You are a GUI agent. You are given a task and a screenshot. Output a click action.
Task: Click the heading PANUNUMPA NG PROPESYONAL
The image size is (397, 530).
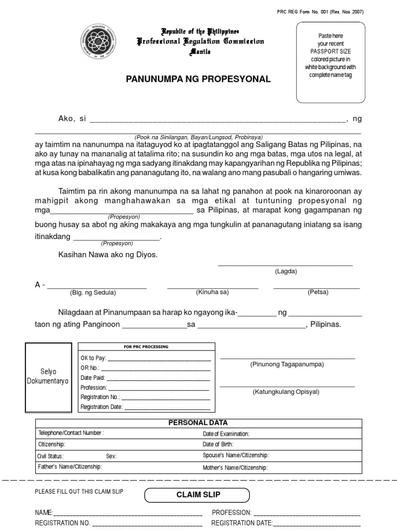click(x=198, y=79)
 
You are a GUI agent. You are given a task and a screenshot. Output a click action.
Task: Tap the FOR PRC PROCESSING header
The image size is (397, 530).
click(x=146, y=347)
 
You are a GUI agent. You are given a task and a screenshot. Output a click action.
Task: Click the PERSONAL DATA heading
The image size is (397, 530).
click(x=198, y=423)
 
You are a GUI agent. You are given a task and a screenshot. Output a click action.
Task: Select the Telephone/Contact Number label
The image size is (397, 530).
click(x=71, y=433)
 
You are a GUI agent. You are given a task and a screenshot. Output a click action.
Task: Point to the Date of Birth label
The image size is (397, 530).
click(x=218, y=445)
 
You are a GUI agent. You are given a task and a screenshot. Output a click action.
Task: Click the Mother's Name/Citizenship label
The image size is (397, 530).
click(x=235, y=467)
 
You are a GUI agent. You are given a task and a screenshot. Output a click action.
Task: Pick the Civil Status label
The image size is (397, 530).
click(x=51, y=456)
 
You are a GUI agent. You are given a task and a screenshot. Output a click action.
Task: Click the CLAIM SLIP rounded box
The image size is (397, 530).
click(x=198, y=495)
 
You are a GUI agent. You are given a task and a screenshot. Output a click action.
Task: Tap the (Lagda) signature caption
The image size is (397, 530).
click(x=286, y=271)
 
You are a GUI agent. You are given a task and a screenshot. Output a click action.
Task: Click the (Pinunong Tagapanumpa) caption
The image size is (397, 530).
click(x=287, y=364)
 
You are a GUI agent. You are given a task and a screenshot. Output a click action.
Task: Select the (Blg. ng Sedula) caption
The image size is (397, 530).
click(x=93, y=292)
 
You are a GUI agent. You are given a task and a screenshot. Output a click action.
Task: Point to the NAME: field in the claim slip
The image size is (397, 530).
click(x=119, y=512)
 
